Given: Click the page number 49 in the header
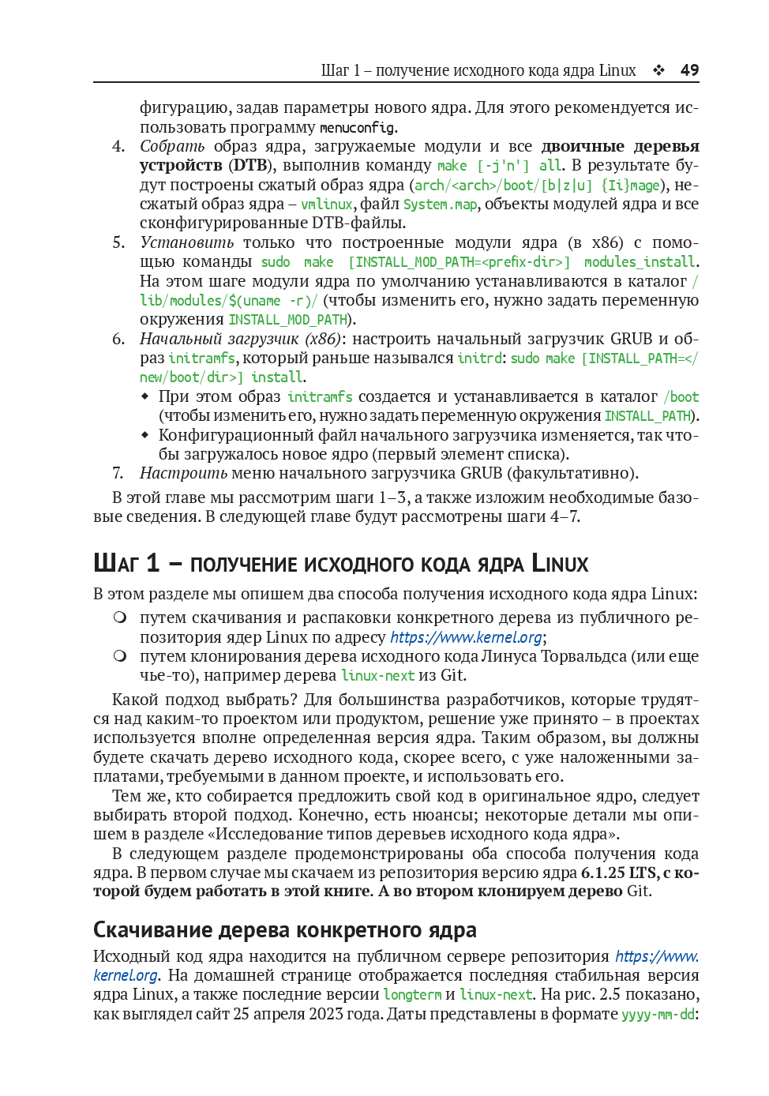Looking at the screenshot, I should coord(689,70).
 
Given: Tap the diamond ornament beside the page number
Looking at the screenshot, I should coord(658,70).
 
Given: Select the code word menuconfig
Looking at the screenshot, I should coord(357,127).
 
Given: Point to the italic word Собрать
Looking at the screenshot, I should coord(172,146).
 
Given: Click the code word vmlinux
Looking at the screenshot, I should coord(326,205).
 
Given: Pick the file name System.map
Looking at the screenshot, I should coord(440,205).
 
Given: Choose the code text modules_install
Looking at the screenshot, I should coord(640,262).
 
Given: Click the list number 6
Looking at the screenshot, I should coord(118,339).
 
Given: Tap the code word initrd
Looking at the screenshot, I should coord(479,358).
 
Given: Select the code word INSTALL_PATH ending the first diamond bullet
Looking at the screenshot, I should coord(647,416).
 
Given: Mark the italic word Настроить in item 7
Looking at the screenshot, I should coord(183,473).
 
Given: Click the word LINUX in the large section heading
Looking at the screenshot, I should coord(560,564).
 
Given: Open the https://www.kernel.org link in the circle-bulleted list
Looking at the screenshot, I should coord(466,637).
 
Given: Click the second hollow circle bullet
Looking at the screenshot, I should coord(119,656).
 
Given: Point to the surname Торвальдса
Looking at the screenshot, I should coord(581,656).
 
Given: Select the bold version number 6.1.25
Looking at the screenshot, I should coord(602,873).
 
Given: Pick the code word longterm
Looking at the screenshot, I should coord(412,995).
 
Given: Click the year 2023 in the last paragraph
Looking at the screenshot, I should coord(326,1014).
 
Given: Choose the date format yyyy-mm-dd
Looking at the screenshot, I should coord(658,1014).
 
